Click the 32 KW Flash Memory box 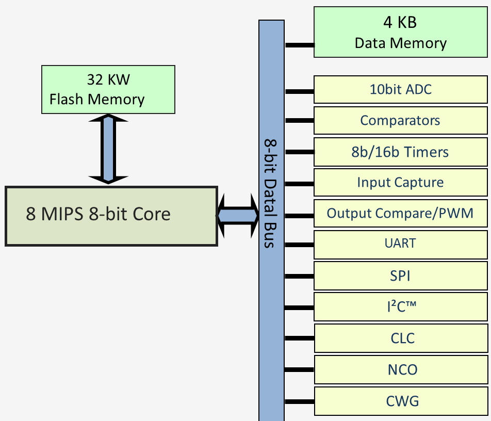[x=108, y=90]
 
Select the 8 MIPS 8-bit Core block [x=111, y=216]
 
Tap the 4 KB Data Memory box [x=401, y=32]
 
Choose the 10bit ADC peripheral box [x=401, y=90]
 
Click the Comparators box [x=401, y=121]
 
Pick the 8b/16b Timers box [x=401, y=152]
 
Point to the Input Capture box [x=401, y=182]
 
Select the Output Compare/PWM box [x=401, y=213]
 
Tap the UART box [x=401, y=245]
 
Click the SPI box [x=401, y=276]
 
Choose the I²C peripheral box [x=401, y=306]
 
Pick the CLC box [x=401, y=338]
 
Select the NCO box [x=401, y=369]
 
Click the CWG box [x=401, y=401]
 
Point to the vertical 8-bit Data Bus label [x=270, y=193]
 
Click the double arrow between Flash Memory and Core [x=108, y=149]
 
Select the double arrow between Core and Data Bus [x=238, y=216]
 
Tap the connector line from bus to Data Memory [x=300, y=45]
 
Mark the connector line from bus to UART [x=300, y=245]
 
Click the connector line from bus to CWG [x=300, y=401]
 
